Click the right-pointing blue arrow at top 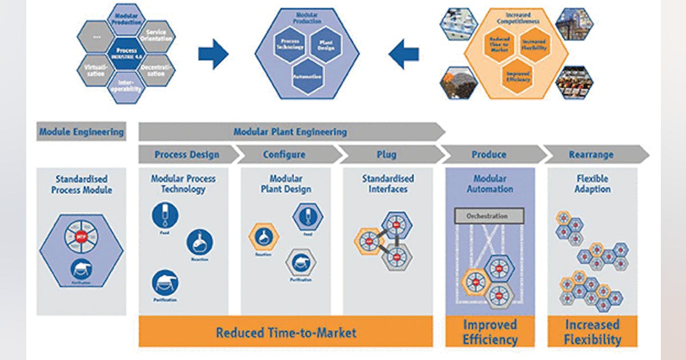[x=213, y=54]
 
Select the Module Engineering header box [x=81, y=132]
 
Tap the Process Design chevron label [x=187, y=155]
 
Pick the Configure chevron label [x=284, y=155]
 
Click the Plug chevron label [x=386, y=155]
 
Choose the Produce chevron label [x=489, y=155]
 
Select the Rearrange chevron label [x=591, y=155]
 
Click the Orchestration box [x=489, y=216]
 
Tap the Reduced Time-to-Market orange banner [x=286, y=332]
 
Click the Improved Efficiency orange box [x=490, y=332]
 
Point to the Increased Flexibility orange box [x=592, y=332]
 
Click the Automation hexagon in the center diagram [x=307, y=77]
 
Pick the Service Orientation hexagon [x=156, y=35]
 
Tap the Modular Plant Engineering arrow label [x=290, y=132]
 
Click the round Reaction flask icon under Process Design [x=200, y=243]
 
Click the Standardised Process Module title [x=81, y=184]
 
